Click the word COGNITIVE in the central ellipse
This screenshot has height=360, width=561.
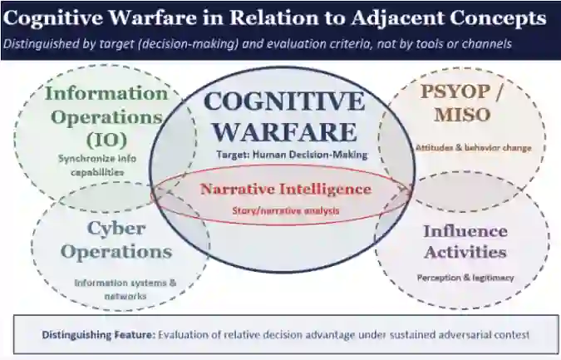[284, 101]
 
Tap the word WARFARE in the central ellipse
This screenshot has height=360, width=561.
[285, 132]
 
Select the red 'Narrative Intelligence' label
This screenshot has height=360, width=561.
[286, 189]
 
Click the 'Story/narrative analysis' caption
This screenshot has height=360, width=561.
[286, 211]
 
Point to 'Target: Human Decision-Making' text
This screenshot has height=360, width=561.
[292, 155]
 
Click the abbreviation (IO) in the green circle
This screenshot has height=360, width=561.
[107, 141]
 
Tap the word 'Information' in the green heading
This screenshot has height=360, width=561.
[106, 94]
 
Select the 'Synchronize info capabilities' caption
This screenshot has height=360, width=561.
[97, 165]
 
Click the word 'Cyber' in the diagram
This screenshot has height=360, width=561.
[116, 229]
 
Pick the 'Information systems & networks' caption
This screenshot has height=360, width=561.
[125, 289]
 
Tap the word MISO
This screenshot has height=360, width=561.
[462, 115]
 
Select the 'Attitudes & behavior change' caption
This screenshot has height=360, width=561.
[474, 148]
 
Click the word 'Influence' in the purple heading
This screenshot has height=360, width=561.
[465, 231]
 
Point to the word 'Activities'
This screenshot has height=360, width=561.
[465, 252]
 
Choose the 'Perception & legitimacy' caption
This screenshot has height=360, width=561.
[465, 278]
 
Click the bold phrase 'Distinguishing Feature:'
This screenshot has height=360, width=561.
[99, 335]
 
